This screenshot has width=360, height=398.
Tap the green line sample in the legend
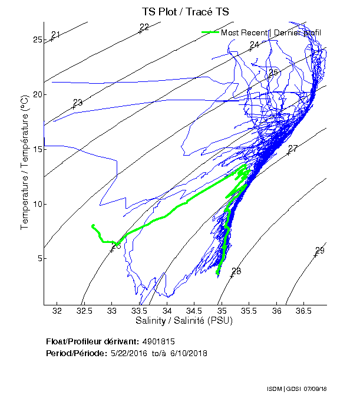pos(210,32)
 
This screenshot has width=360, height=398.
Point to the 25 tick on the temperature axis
pos(37,40)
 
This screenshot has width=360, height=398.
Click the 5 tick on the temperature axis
pos(39,258)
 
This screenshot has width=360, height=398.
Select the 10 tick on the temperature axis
pos(37,204)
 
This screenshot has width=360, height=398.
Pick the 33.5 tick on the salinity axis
pos(138,311)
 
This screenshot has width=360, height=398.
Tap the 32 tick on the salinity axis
pos(57,311)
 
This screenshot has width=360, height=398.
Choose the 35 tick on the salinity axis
pos(222,311)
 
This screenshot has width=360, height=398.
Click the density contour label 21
pos(56,34)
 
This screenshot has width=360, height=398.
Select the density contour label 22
pos(144,27)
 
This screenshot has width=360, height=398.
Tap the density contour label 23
pos(77,103)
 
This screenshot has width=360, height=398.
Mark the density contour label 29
pos(320,250)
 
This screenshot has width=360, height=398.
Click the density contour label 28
pos(236,271)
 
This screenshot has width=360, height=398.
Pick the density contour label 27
pos(293,148)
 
